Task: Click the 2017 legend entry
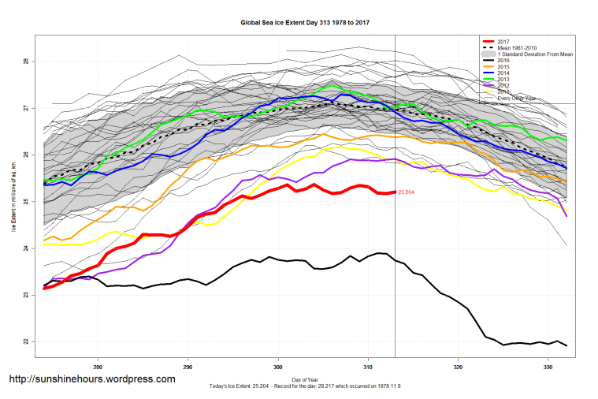[504, 41]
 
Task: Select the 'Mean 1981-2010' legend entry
[519, 48]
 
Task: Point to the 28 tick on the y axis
[27, 62]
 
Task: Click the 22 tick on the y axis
[27, 342]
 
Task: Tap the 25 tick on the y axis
[27, 202]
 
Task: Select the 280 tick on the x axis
[98, 367]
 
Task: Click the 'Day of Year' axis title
[305, 380]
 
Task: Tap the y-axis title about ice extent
[13, 201]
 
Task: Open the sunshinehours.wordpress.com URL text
[91, 379]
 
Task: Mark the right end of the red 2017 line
[395, 192]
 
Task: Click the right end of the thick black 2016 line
[566, 345]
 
